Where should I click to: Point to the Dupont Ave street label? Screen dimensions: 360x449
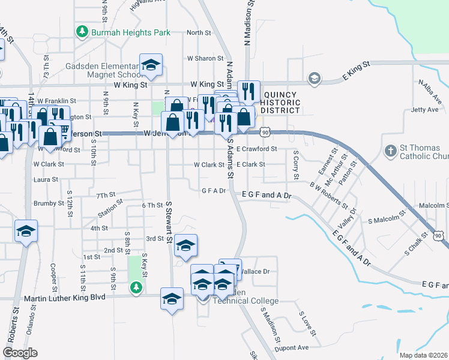[291, 347]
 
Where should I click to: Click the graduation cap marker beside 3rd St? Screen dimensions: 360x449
[186, 246]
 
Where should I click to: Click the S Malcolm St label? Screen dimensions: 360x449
[387, 221]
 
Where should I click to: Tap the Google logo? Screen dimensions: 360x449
[20, 353]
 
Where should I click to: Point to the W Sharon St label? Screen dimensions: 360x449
[205, 59]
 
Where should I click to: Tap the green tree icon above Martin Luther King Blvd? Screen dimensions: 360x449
[136, 287]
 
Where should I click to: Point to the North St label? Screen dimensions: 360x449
[199, 33]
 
